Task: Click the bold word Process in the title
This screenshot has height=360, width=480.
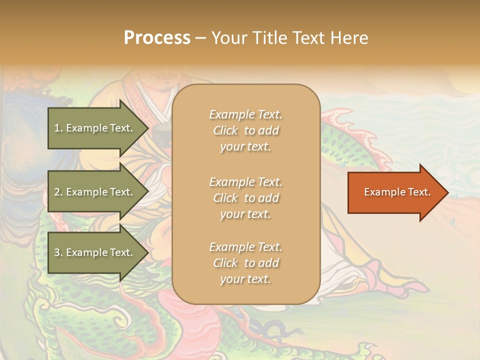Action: [157, 38]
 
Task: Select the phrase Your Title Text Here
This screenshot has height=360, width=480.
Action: [289, 38]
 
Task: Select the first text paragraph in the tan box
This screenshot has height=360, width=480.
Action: [245, 130]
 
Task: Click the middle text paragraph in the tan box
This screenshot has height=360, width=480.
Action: [245, 198]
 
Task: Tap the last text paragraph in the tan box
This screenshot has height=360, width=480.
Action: [245, 263]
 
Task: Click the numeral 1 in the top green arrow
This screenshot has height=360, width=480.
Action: [56, 128]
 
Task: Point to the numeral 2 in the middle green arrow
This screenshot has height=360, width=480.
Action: [57, 192]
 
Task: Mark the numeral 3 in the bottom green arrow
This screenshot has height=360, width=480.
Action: [57, 252]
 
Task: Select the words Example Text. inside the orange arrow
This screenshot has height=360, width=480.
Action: [397, 192]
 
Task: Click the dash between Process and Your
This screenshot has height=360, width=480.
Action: [200, 38]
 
